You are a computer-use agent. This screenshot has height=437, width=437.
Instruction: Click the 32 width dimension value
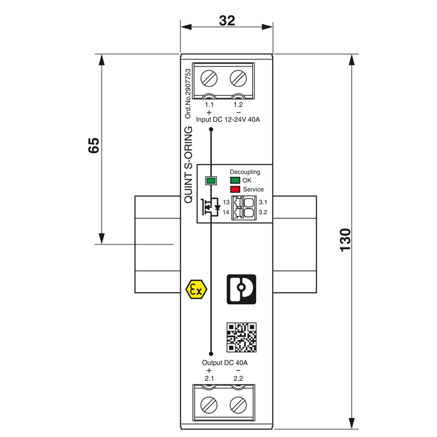pyautogui.click(x=227, y=21)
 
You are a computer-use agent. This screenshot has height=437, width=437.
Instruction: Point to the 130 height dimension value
pyautogui.click(x=345, y=240)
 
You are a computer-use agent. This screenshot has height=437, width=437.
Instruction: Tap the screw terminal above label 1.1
pyautogui.click(x=210, y=78)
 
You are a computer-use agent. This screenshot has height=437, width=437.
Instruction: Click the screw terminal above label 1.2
pyautogui.click(x=238, y=78)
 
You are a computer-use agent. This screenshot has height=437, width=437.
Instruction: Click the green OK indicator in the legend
pyautogui.click(x=235, y=180)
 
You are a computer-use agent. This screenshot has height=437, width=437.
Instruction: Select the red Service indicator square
pyautogui.click(x=235, y=190)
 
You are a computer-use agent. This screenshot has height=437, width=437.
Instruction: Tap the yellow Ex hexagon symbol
pyautogui.click(x=195, y=289)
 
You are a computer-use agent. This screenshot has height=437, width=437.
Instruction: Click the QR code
pyautogui.click(x=241, y=337)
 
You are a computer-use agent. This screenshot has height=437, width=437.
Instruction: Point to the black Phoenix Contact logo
pyautogui.click(x=241, y=289)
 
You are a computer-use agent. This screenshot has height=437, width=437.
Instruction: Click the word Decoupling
pyautogui.click(x=245, y=172)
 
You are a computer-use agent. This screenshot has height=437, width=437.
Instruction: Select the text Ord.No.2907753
pyautogui.click(x=188, y=93)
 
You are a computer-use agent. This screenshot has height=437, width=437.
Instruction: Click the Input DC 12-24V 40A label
pyautogui.click(x=227, y=120)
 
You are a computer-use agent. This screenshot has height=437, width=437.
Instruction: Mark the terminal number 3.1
pyautogui.click(x=262, y=203)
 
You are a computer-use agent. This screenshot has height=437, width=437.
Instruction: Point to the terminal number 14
pyautogui.click(x=226, y=212)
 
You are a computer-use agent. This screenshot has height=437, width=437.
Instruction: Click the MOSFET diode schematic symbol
pyautogui.click(x=211, y=208)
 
